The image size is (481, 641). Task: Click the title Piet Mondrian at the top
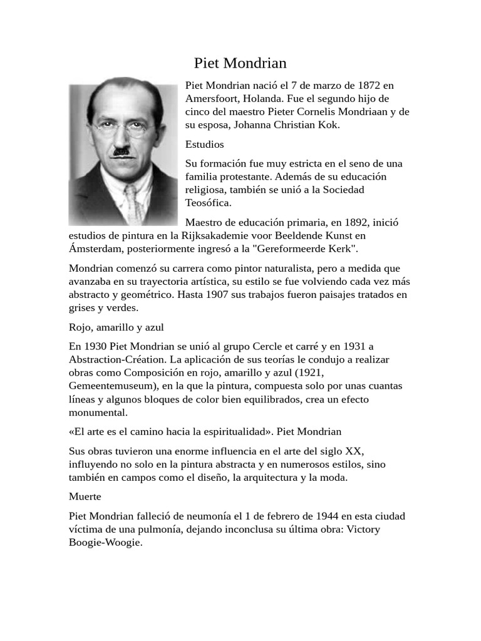[x=240, y=63]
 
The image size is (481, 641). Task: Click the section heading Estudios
[x=204, y=145]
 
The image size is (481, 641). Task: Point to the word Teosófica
[x=208, y=202]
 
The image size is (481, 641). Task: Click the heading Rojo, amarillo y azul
[x=116, y=327]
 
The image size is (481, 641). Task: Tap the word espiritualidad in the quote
[x=234, y=432]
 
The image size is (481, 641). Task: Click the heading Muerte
[x=85, y=496]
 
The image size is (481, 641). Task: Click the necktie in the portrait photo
[x=132, y=203]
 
